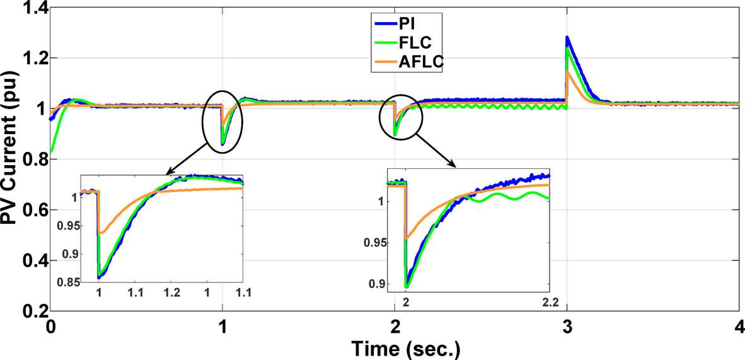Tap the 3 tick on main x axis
pyautogui.click(x=567, y=328)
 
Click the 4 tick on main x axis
pyautogui.click(x=738, y=328)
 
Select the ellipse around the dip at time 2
pyautogui.click(x=400, y=119)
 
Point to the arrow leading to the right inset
pyautogui.click(x=437, y=152)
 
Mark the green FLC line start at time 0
pyautogui.click(x=50, y=151)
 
